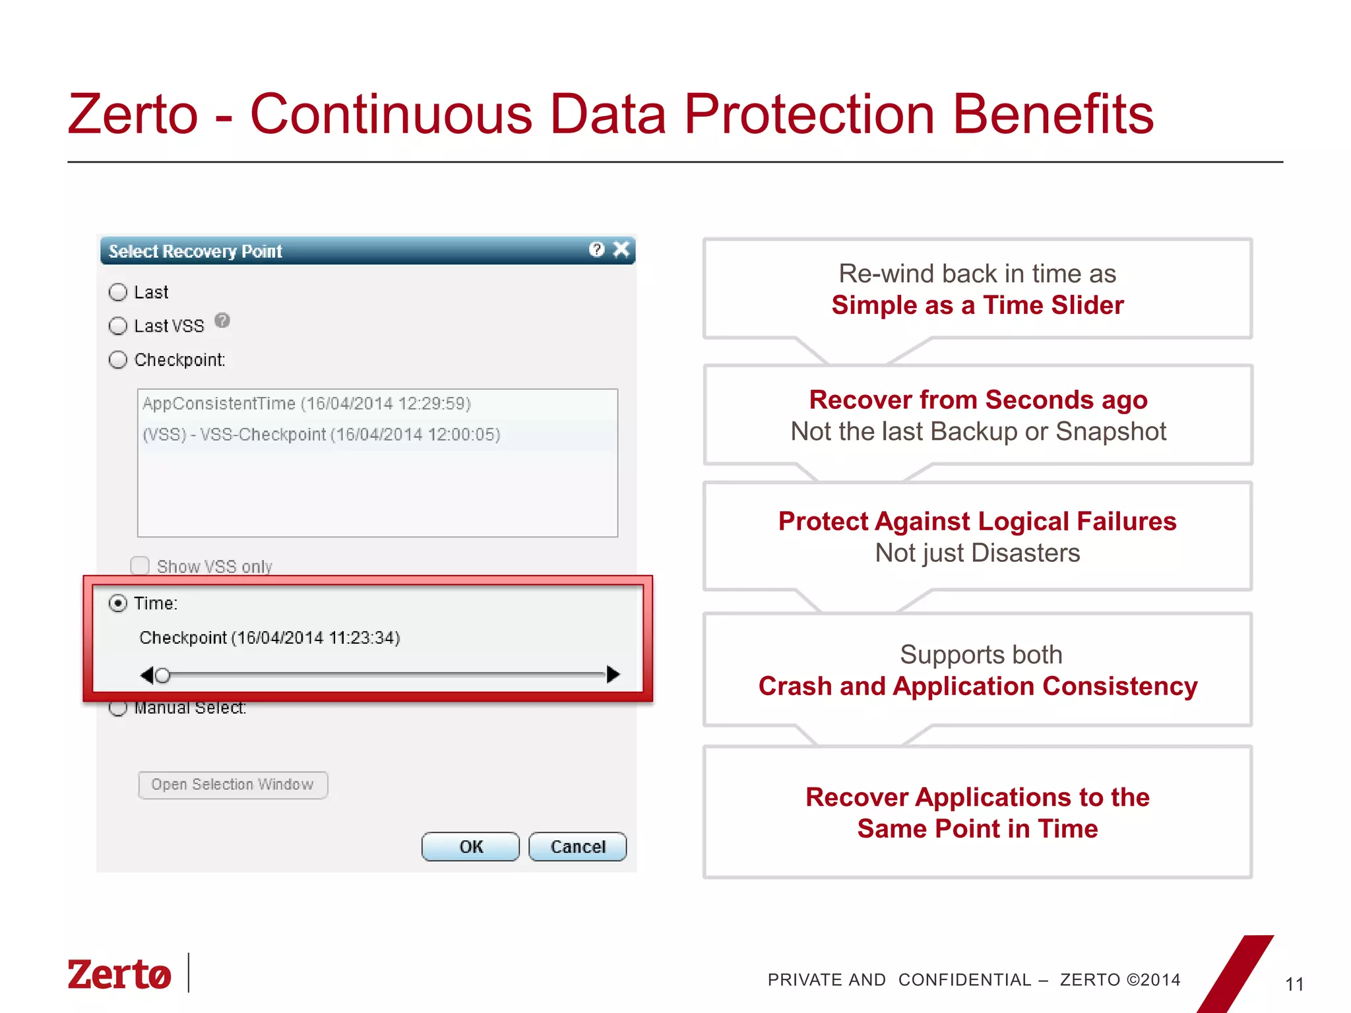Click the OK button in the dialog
point(470,847)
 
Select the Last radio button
point(118,292)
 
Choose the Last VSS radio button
point(118,326)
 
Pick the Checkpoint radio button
point(118,360)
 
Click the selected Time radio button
point(118,603)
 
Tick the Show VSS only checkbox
point(140,566)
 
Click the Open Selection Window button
point(233,785)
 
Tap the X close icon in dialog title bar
point(621,249)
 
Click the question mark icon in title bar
point(596,249)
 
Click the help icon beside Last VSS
point(222,321)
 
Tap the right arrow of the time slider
point(613,674)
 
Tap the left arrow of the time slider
point(146,675)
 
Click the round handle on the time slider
point(162,675)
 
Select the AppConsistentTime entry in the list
point(307,404)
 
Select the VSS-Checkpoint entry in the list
point(322,435)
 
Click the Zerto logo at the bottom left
point(119,974)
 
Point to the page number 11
point(1294,985)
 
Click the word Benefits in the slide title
point(1053,114)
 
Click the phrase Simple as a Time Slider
point(977,305)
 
